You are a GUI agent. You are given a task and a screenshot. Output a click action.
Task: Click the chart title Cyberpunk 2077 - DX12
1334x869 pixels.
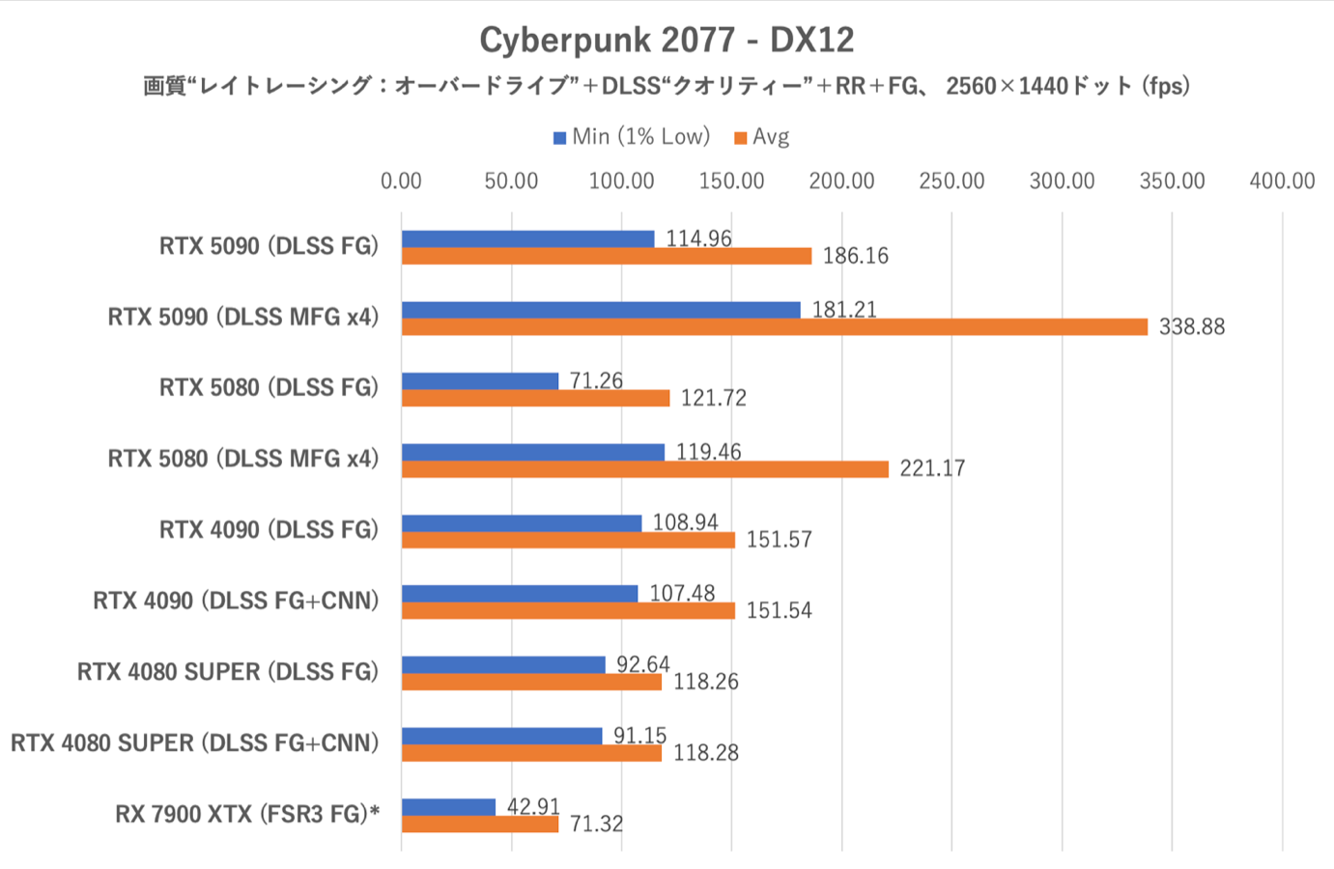click(x=667, y=40)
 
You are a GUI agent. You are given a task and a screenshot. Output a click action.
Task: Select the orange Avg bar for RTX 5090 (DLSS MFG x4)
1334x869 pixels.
click(x=774, y=327)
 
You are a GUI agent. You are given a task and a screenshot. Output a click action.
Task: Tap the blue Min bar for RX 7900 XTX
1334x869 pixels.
click(x=448, y=807)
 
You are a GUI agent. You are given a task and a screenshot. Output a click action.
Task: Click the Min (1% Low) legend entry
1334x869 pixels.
click(x=632, y=137)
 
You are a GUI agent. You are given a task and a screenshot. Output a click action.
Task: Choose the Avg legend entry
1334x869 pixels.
click(x=762, y=137)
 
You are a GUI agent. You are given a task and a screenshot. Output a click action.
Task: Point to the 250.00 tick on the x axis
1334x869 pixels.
click(x=951, y=182)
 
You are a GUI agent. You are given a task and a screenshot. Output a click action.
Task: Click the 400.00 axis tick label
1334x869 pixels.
click(x=1282, y=182)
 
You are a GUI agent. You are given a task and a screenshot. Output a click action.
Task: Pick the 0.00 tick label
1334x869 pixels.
click(x=401, y=182)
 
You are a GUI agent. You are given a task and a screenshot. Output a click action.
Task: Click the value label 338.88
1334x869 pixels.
click(x=1191, y=327)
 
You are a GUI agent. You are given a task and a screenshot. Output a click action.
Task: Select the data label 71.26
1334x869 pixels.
click(x=596, y=380)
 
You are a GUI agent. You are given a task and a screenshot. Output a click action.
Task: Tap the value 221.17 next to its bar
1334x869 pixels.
click(x=932, y=469)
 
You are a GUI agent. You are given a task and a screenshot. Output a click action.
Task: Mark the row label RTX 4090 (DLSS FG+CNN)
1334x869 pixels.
click(x=236, y=601)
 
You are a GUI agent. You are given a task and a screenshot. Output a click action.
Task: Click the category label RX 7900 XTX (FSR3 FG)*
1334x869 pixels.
click(x=247, y=814)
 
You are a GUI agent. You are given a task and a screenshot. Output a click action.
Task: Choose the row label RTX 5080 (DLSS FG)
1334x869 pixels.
click(x=269, y=387)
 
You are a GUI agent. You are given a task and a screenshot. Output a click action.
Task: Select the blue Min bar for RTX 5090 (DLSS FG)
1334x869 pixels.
click(x=527, y=238)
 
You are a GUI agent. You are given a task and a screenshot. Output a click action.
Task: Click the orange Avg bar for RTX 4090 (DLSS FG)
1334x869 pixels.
click(x=568, y=541)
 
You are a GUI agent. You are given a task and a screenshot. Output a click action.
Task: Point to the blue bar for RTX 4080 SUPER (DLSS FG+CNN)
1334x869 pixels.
click(x=501, y=736)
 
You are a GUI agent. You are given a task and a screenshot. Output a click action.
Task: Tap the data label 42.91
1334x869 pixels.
click(x=533, y=806)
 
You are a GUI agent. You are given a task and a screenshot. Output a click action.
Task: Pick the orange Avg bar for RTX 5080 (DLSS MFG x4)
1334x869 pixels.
click(x=644, y=469)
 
